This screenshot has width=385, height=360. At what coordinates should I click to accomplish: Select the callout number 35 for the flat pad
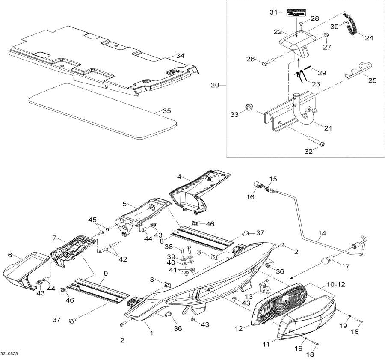tap(166, 110)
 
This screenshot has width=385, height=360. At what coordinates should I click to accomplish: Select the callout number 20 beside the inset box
tap(215, 85)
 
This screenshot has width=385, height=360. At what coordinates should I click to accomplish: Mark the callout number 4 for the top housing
tap(180, 176)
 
